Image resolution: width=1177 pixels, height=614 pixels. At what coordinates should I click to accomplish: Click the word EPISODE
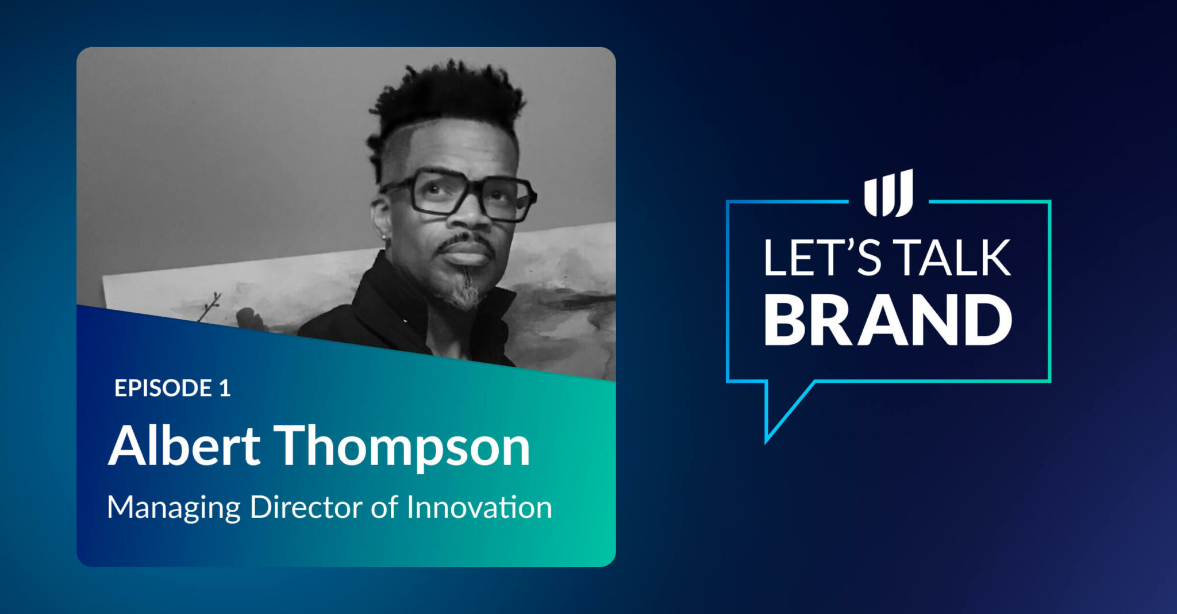(x=163, y=388)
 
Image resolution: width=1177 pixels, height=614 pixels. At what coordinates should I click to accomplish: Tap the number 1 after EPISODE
(x=225, y=388)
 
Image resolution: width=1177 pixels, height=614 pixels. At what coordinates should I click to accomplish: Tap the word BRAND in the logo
(x=887, y=320)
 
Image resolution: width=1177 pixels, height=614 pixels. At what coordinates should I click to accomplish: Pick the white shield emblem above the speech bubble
(x=888, y=193)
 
